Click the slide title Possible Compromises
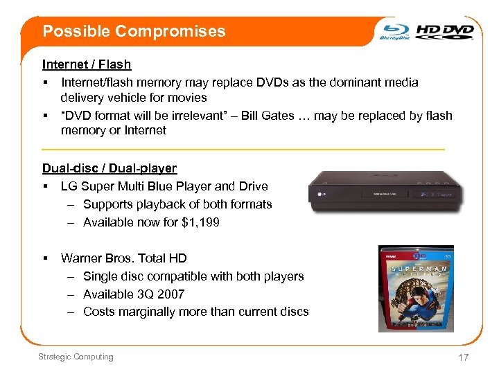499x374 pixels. (x=134, y=31)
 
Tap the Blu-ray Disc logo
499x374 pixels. (x=395, y=32)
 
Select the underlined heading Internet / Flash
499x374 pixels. (x=87, y=64)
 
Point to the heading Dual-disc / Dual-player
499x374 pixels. (x=110, y=168)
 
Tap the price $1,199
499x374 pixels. (x=198, y=222)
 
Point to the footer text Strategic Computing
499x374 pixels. (x=76, y=357)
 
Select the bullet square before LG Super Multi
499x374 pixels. (x=44, y=186)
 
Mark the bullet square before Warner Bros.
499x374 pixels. (x=44, y=258)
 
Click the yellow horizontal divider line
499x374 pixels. (x=243, y=149)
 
